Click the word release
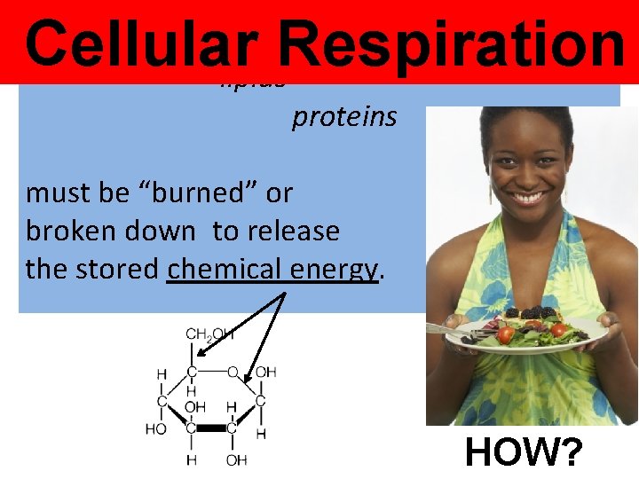(296, 232)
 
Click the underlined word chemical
(226, 269)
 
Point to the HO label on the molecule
(156, 429)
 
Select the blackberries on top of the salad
(532, 312)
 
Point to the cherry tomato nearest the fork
(505, 334)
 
